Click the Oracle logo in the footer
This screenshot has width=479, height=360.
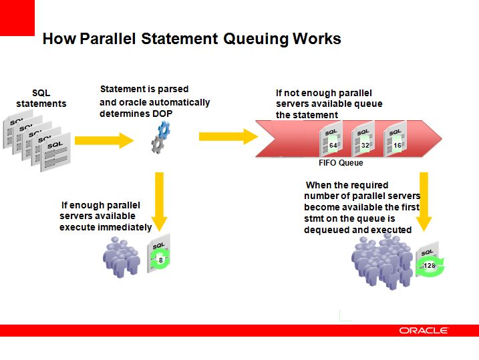coord(424,331)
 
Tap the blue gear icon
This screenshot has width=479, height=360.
coord(164,130)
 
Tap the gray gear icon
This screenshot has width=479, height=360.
coord(158,144)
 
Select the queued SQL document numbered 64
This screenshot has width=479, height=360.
coord(331,139)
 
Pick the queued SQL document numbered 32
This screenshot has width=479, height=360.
coord(363,139)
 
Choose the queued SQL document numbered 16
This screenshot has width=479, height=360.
coord(395,139)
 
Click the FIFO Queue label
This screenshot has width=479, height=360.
coord(341,163)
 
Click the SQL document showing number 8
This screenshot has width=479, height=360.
coord(159,253)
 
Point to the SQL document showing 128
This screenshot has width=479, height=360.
coord(429,260)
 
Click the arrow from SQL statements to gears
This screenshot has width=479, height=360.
coord(104,140)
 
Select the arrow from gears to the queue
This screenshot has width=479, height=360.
coord(228,136)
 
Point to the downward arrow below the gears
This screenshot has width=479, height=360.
coord(159,202)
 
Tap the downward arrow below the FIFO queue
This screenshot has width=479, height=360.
coord(424,202)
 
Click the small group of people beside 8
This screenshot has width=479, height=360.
coord(122,257)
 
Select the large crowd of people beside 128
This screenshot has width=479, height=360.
coord(383,262)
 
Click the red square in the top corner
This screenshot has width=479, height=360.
coord(17,18)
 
